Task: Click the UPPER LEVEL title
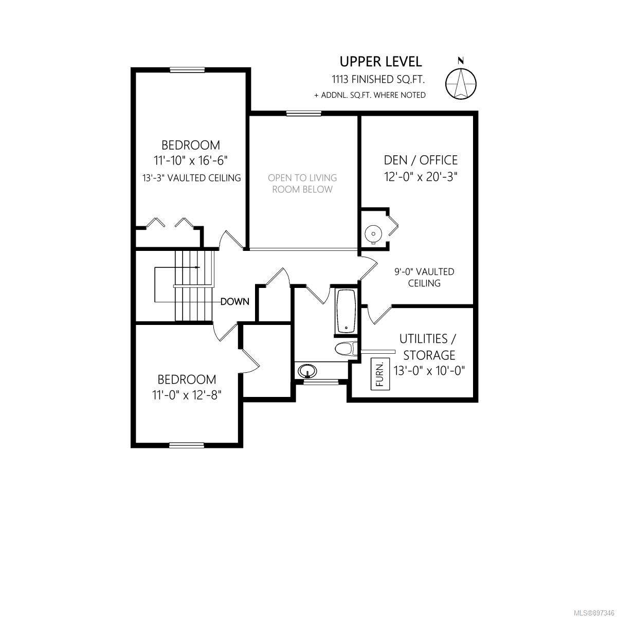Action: coord(380,62)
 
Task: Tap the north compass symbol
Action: coord(461,83)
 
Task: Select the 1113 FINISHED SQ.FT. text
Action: coord(378,79)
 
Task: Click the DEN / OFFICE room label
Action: coord(421,160)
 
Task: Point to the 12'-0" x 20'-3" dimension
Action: coord(421,176)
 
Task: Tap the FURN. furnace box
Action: coord(380,374)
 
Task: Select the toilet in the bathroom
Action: coord(346,349)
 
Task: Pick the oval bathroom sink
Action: coord(307,371)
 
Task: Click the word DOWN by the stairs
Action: coord(235,301)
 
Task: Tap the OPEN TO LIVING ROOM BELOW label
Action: coord(302,184)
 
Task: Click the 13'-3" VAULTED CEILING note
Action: coord(191,178)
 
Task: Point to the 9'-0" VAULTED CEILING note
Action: coord(424,277)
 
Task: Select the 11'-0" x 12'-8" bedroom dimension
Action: coord(187,395)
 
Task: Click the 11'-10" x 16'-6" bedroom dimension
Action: coord(191,160)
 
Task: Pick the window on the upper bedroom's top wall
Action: coord(187,70)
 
